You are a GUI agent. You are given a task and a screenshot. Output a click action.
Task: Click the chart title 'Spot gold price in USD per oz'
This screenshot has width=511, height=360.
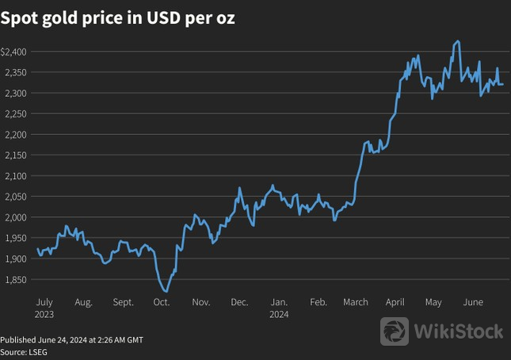pyautogui.click(x=118, y=18)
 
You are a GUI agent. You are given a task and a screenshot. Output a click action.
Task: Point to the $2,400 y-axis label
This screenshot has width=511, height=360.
pyautogui.click(x=15, y=52)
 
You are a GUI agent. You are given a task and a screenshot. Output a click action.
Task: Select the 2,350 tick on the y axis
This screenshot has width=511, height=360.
pyautogui.click(x=15, y=72)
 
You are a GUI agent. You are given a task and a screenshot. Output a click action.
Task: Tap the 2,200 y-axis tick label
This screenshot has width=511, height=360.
pyautogui.click(x=15, y=135)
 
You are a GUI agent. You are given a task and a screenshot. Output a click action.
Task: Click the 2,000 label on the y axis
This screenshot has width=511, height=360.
pyautogui.click(x=15, y=217)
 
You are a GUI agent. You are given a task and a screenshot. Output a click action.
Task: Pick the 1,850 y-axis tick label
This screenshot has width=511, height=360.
pyautogui.click(x=15, y=279)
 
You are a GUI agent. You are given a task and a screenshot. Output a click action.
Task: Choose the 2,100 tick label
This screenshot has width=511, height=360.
pyautogui.click(x=15, y=176)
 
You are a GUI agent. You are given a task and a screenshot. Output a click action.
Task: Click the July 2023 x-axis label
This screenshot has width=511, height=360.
pyautogui.click(x=44, y=308)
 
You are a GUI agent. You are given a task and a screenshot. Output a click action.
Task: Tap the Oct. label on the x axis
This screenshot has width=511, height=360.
pyautogui.click(x=162, y=302)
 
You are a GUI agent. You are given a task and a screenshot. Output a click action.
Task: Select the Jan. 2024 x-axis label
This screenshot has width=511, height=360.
pyautogui.click(x=279, y=308)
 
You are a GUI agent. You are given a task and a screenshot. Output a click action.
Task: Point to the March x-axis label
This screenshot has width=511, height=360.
pyautogui.click(x=356, y=302)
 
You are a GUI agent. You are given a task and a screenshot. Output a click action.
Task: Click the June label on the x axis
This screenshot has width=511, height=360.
pyautogui.click(x=473, y=302)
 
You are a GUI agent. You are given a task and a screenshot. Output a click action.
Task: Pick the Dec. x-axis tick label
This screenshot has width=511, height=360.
pyautogui.click(x=239, y=302)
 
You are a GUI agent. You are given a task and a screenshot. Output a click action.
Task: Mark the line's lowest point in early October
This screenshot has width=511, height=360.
pyautogui.click(x=165, y=291)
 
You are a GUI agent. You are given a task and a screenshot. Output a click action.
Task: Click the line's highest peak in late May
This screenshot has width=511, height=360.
pyautogui.click(x=458, y=41)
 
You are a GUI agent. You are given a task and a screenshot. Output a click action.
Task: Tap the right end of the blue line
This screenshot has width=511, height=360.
pyautogui.click(x=502, y=84)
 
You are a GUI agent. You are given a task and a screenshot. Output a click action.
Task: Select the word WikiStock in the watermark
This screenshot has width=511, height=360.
pyautogui.click(x=459, y=331)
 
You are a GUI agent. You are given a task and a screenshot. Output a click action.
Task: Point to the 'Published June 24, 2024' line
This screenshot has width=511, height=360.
pyautogui.click(x=71, y=339)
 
